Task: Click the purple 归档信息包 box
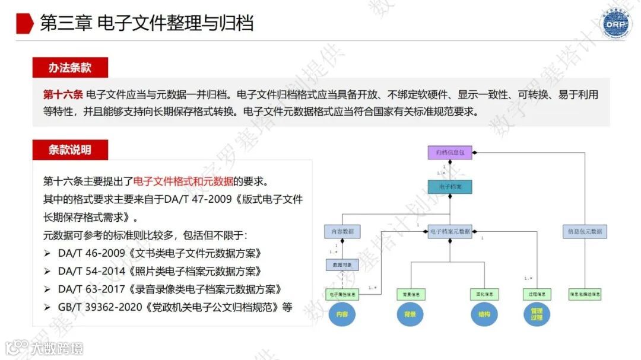point(449,153)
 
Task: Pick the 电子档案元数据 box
point(449,231)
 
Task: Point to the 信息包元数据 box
point(585,231)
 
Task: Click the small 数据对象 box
point(342,265)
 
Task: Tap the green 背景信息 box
point(411,294)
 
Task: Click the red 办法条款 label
point(70,68)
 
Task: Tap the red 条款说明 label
point(70,149)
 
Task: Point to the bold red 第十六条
point(62,95)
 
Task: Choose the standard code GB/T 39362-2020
point(97,307)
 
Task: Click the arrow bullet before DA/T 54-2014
point(47,272)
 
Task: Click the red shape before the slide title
point(24,23)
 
